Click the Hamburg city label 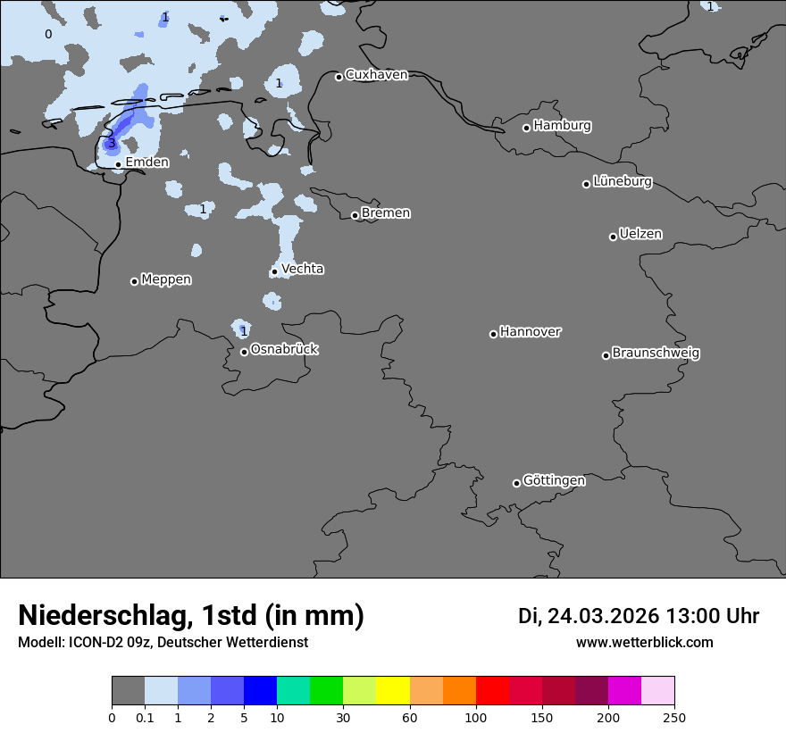562,126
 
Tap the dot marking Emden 118,164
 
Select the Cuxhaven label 376,75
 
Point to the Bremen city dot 355,215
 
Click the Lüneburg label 622,182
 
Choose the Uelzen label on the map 640,234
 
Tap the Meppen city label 166,279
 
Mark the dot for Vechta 274,271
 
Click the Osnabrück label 284,349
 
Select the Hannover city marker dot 493,334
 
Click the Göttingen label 554,481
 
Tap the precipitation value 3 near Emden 112,144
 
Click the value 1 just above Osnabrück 243,331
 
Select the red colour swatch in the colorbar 492,691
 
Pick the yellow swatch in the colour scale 393,691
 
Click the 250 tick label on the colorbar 674,717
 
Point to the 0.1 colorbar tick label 145,717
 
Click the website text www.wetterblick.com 644,643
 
